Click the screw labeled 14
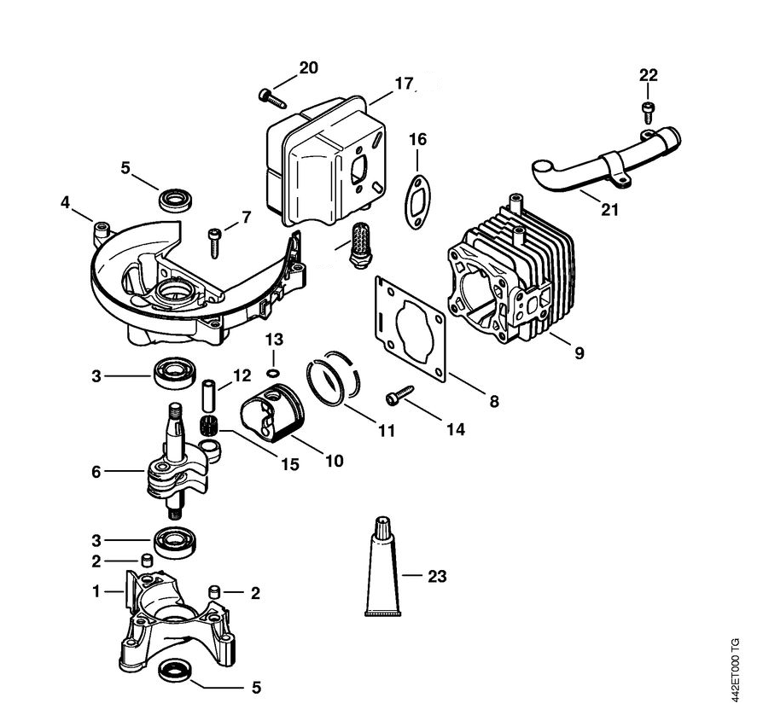[399, 395]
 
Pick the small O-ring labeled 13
[271, 372]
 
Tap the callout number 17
[404, 84]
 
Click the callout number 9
[579, 352]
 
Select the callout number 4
[65, 203]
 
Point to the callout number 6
[96, 469]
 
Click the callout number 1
[96, 590]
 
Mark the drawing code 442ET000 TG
[737, 669]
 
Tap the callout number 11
[387, 431]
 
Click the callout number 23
[436, 577]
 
